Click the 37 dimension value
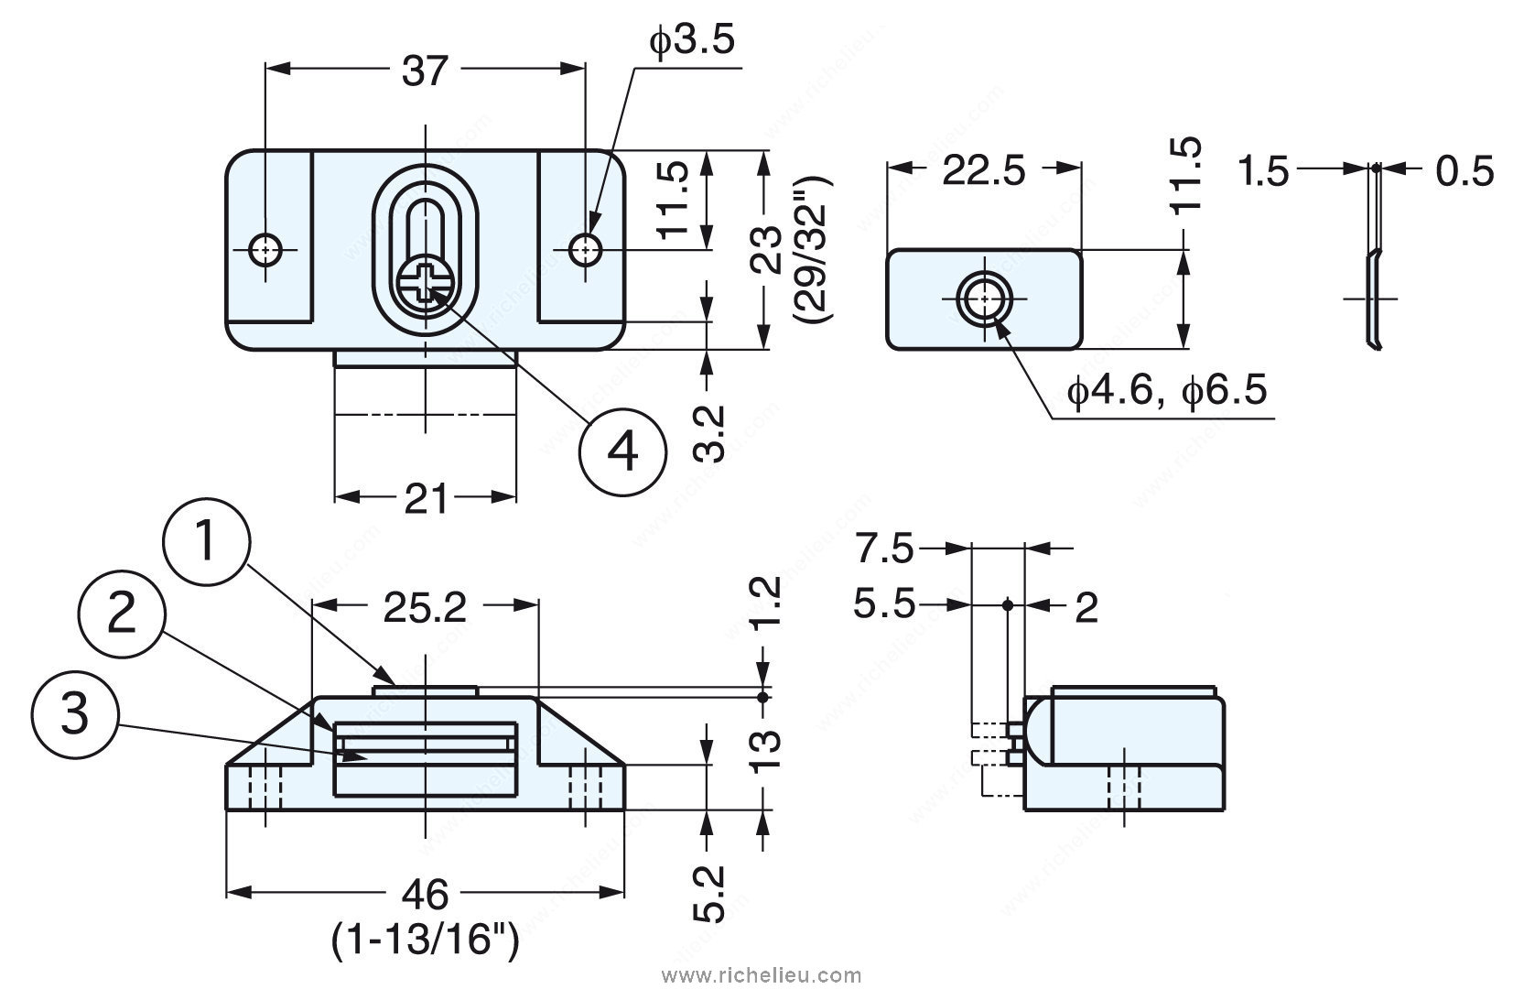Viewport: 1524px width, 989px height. pyautogui.click(x=425, y=71)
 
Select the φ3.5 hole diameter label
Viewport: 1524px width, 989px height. pyautogui.click(x=693, y=42)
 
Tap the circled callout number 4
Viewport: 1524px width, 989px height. pyautogui.click(x=622, y=451)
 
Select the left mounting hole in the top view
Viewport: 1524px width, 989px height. pyautogui.click(x=266, y=248)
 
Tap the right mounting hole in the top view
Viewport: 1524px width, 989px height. pyautogui.click(x=584, y=248)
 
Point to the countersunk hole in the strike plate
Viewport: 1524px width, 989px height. pyautogui.click(x=982, y=299)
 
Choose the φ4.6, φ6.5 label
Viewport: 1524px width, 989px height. pyautogui.click(x=1167, y=392)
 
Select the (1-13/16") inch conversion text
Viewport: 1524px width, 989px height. pyautogui.click(x=426, y=940)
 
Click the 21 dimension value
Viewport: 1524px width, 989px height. pyautogui.click(x=426, y=500)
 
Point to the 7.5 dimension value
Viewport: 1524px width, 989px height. pyautogui.click(x=884, y=549)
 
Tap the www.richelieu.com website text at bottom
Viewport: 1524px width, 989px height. pyautogui.click(x=767, y=974)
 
